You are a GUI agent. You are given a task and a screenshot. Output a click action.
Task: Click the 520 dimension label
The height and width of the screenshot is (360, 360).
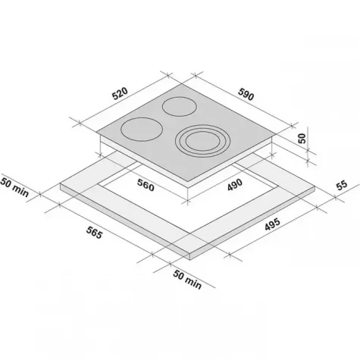tap(121, 93)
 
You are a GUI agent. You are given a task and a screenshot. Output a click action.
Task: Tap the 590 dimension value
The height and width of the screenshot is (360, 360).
tap(246, 94)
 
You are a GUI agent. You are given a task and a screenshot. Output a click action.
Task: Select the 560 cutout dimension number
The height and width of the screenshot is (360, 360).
tap(146, 185)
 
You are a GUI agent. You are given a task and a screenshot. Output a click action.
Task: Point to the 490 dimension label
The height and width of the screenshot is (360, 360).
tap(235, 185)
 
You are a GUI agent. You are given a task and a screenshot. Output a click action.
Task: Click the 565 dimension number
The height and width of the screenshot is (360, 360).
tap(95, 233)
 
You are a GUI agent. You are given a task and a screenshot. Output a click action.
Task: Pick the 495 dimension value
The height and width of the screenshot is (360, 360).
tap(272, 224)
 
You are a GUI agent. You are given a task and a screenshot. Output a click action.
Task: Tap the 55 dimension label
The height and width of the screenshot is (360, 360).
tap(342, 185)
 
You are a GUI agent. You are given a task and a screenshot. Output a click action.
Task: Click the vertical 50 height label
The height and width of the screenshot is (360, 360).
tap(302, 139)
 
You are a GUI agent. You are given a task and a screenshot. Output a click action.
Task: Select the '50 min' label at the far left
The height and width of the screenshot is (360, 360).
tap(14, 187)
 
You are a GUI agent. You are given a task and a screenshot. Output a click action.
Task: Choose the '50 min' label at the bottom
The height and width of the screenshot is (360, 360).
tap(187, 280)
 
